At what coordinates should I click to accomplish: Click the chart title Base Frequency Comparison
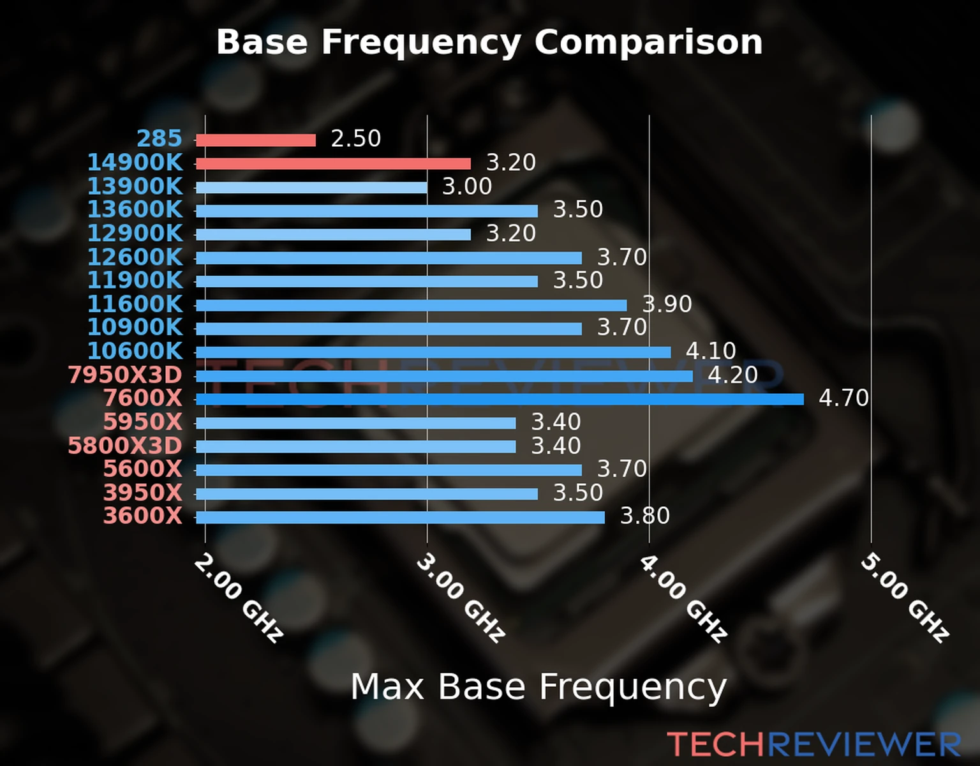(x=489, y=42)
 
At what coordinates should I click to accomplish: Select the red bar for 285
(x=255, y=140)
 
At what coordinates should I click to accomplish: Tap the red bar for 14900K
(x=333, y=164)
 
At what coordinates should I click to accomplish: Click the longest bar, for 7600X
(x=500, y=400)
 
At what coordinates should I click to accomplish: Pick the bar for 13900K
(x=311, y=188)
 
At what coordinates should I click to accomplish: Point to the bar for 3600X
(x=400, y=517)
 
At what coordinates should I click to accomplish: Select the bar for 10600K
(x=433, y=352)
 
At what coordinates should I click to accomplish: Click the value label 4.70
(x=843, y=398)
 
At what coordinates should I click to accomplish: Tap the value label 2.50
(x=355, y=139)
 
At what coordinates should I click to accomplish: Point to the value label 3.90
(x=667, y=304)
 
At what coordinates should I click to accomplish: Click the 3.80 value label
(x=645, y=516)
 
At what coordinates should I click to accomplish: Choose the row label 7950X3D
(x=125, y=375)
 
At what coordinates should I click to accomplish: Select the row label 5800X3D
(x=125, y=446)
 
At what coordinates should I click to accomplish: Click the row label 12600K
(x=135, y=257)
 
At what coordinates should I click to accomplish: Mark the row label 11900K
(x=135, y=280)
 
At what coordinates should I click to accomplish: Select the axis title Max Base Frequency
(x=538, y=687)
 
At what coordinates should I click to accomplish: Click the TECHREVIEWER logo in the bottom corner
(x=813, y=744)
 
